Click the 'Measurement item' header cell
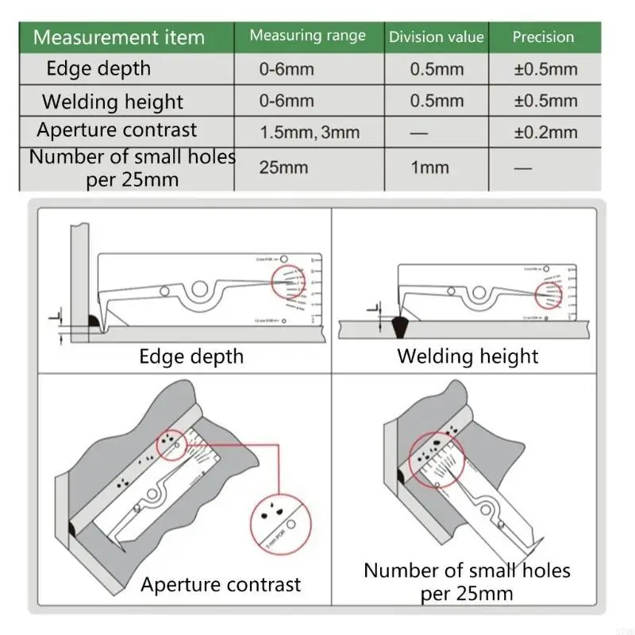click(119, 37)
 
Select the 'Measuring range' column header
click(308, 36)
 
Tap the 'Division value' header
click(436, 37)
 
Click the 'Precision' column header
click(543, 37)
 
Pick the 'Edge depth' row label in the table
click(98, 68)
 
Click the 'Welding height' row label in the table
click(112, 102)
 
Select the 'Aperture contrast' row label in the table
click(117, 130)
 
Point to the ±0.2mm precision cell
click(545, 133)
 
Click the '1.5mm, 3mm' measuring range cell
click(310, 133)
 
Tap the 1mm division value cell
click(429, 167)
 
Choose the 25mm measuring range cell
click(283, 167)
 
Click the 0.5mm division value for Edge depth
click(437, 69)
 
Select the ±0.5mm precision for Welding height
click(545, 101)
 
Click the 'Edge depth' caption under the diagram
click(191, 356)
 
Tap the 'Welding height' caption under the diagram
click(468, 356)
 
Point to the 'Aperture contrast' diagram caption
click(221, 585)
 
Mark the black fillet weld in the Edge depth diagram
click(93, 321)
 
